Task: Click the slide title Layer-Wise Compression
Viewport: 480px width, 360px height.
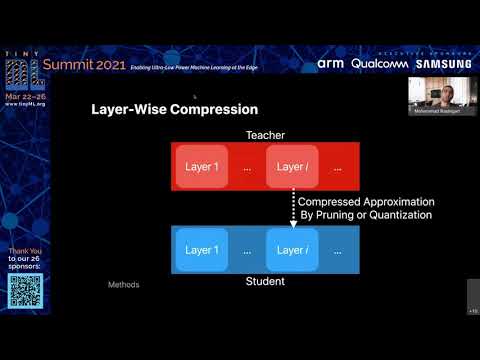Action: [174, 109]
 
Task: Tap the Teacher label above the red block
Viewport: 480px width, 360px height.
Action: [265, 134]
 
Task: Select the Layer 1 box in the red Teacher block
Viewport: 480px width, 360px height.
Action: [202, 167]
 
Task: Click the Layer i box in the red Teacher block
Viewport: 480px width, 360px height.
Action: [292, 167]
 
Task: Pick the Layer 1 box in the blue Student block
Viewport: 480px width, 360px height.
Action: [202, 250]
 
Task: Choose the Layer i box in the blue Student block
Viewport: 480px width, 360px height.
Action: [292, 250]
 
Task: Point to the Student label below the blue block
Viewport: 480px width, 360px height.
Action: [265, 282]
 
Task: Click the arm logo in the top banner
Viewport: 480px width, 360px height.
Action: [331, 63]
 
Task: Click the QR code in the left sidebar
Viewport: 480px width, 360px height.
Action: [26, 291]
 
